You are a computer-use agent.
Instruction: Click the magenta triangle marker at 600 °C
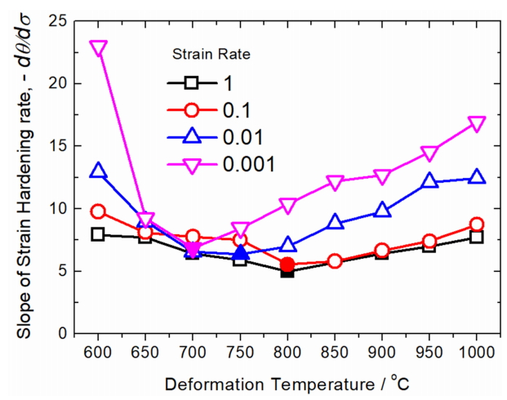[x=98, y=48]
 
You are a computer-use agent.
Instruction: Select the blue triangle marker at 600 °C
[x=98, y=171]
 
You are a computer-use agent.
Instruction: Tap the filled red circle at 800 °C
[x=287, y=264]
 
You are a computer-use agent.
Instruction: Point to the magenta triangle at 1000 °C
[x=477, y=124]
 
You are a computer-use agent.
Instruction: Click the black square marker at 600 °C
[x=98, y=234]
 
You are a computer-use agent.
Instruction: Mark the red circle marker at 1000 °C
[x=477, y=224]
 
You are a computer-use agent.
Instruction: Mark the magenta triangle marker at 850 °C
[x=335, y=182]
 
